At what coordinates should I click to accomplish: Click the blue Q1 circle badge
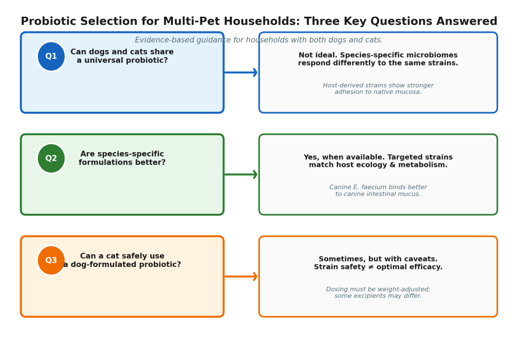(x=51, y=57)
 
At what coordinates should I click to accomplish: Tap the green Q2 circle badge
(x=51, y=159)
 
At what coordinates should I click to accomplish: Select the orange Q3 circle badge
(x=51, y=260)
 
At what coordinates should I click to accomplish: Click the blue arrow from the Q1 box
(x=241, y=72)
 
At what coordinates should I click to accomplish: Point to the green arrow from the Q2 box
(x=241, y=174)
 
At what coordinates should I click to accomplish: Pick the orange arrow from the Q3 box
(x=241, y=277)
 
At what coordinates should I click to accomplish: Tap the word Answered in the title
(x=466, y=21)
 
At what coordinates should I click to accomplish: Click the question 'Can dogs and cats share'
(x=122, y=52)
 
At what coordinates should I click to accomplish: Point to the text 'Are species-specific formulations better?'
(x=122, y=158)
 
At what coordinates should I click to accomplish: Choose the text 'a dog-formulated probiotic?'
(x=122, y=264)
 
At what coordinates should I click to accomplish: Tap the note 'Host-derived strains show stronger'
(x=378, y=85)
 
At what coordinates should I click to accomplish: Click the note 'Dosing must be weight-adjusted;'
(x=378, y=289)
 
